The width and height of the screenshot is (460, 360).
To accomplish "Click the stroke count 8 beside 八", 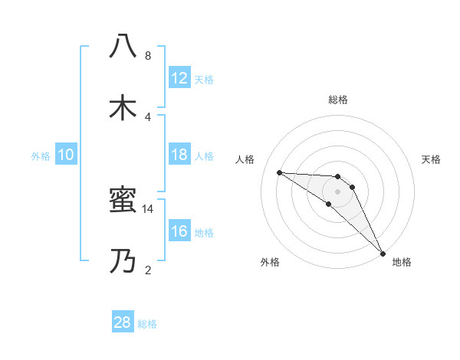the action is point(147,55).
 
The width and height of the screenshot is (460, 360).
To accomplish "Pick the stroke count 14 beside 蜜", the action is point(147,208).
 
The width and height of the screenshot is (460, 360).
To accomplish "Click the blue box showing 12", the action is point(179,78).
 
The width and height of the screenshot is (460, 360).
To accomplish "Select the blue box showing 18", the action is point(179,155).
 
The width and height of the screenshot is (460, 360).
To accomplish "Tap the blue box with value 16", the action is point(179,231).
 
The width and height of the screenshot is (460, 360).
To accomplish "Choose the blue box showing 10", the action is point(66,155).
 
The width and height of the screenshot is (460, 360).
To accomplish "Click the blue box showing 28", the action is point(123,322).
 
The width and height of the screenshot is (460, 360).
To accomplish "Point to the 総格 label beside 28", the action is point(147,324).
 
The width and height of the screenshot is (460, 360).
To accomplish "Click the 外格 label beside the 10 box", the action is point(41,156).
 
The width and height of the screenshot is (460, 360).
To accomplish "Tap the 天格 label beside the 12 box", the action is point(203,80).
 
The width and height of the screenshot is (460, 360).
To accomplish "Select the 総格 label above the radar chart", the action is point(337,100).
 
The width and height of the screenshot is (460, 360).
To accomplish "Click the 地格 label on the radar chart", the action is point(402,263).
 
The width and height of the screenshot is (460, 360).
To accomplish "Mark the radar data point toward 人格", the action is point(279,172).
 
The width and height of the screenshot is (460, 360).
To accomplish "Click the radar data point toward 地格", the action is point(383,253).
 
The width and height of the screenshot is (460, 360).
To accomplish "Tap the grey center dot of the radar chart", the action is point(337,191).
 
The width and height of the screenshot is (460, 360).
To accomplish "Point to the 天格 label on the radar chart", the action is point(431,159).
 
